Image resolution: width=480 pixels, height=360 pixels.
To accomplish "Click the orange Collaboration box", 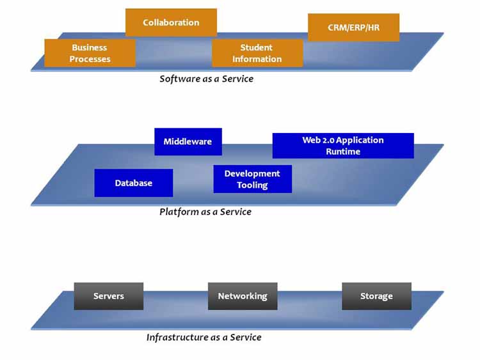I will tap(171, 22).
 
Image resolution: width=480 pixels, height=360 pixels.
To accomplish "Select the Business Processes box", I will tap(90, 53).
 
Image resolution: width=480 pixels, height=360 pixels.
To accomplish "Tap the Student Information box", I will tap(257, 53).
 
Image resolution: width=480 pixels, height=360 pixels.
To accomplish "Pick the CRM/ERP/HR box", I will tap(353, 27).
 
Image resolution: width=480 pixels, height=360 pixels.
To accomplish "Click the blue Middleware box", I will tap(188, 141).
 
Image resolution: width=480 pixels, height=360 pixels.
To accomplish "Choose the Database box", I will tap(133, 183).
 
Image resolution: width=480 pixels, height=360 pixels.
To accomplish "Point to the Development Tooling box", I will tap(252, 179).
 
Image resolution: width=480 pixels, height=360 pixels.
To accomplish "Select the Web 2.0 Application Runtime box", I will tap(343, 146).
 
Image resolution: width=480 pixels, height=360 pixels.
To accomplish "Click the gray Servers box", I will tap(108, 296).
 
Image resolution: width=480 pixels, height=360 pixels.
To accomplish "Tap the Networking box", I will tap(243, 296).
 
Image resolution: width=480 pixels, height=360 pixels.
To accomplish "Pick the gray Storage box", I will tap(376, 296).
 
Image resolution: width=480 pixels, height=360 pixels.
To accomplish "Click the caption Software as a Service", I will tap(206, 79).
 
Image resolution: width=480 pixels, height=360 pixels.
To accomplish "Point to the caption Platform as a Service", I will tap(205, 212).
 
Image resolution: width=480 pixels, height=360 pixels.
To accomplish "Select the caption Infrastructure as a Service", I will tap(204, 337).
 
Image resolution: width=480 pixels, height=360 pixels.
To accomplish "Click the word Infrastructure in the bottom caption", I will tap(173, 337).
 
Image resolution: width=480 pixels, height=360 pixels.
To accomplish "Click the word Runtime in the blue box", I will tap(343, 152).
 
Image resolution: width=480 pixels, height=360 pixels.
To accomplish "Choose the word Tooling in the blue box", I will tap(252, 185).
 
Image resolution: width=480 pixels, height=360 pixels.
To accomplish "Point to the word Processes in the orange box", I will tap(90, 59).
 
